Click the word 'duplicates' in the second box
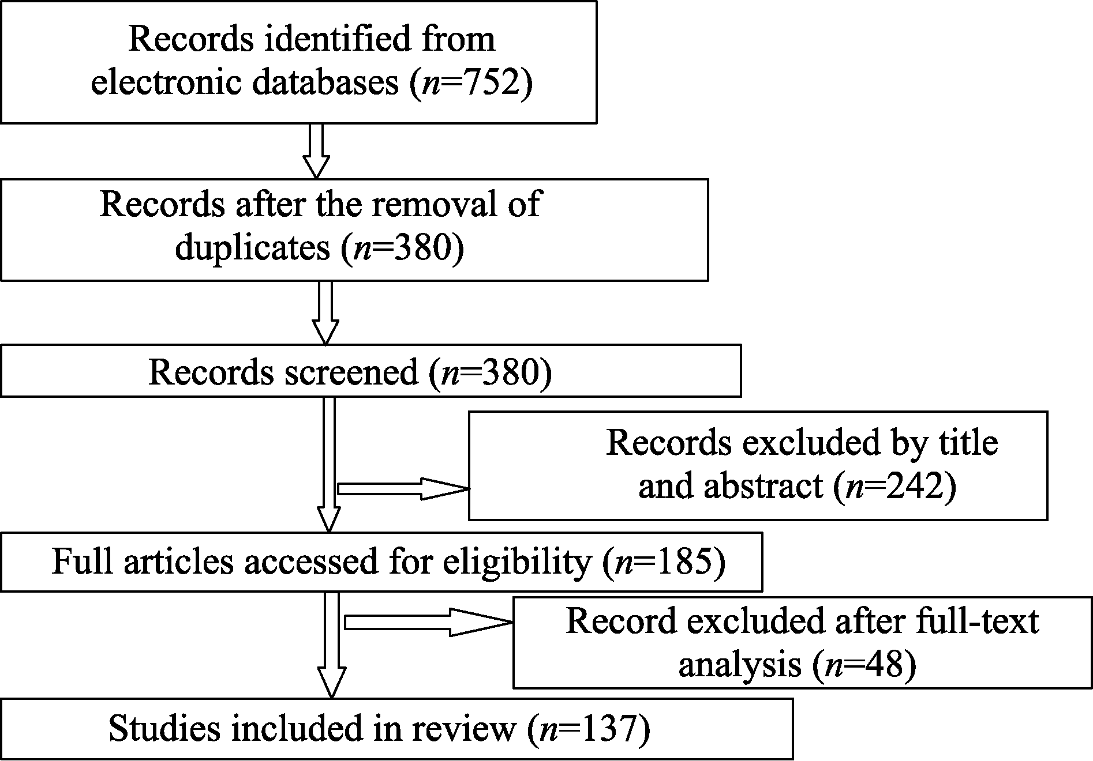(253, 248)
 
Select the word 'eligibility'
(516, 562)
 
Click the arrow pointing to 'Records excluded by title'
(403, 488)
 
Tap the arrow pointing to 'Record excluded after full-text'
(428, 622)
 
